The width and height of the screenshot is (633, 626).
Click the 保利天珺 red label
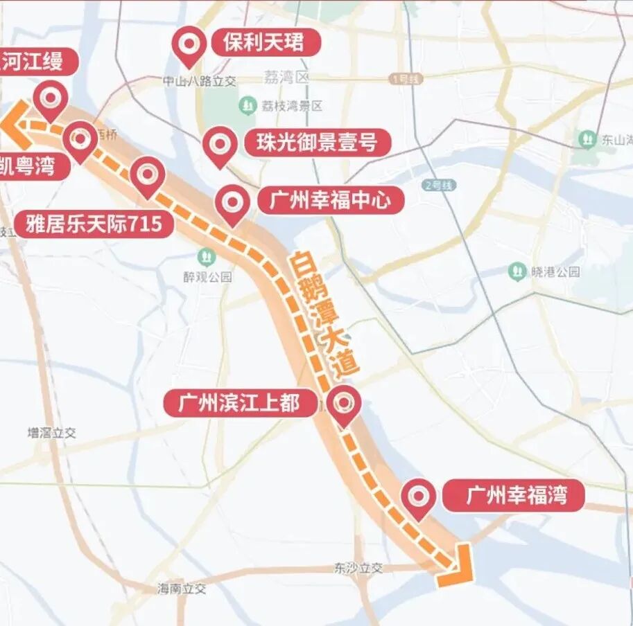[x=263, y=43]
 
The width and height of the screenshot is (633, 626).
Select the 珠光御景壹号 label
[x=316, y=143]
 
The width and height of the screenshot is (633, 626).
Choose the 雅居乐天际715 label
[x=94, y=224]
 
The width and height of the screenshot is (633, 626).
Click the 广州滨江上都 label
[x=239, y=403]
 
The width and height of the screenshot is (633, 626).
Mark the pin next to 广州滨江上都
[x=343, y=404]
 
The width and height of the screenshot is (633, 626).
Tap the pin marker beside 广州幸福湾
[x=419, y=496]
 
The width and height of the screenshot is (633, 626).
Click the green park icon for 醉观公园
[x=206, y=257]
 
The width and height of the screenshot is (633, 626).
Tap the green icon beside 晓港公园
[x=517, y=271]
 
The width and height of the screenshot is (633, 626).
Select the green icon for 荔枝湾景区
[x=248, y=106]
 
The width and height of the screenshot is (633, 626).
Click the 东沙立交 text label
[x=358, y=568]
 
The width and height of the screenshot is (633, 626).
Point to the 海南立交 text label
[x=182, y=589]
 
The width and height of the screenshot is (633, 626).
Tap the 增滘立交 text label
[x=51, y=433]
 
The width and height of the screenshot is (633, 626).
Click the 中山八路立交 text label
[x=199, y=81]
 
